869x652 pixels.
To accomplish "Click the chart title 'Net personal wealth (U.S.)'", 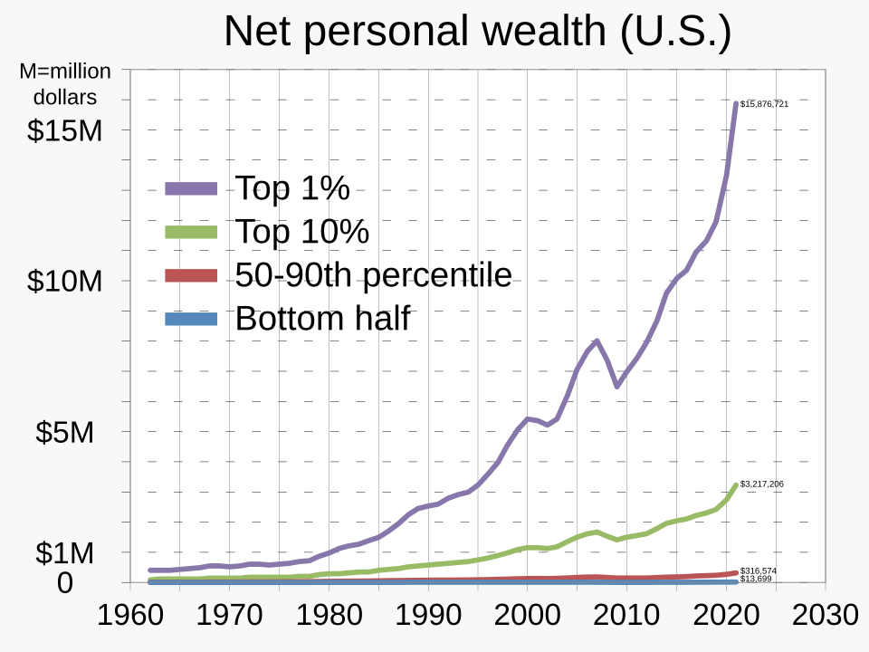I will tap(476, 31).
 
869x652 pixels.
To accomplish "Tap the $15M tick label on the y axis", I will tap(64, 130).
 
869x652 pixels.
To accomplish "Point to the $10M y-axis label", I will tap(64, 282).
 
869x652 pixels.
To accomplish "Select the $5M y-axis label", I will tap(65, 433).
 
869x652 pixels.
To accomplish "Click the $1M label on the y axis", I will tap(65, 553).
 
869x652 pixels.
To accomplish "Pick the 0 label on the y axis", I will tap(64, 584).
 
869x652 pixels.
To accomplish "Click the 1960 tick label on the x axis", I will tap(129, 616).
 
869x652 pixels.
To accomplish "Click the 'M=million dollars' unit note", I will tap(65, 83).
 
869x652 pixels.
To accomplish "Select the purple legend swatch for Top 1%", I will tap(191, 188).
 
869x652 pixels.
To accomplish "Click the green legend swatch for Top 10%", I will tap(191, 232).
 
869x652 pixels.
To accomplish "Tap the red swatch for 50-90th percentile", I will tap(191, 275).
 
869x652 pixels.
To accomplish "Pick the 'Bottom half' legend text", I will tap(323, 319).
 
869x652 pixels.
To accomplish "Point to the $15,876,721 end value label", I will tap(764, 104).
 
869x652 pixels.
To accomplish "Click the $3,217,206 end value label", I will tap(761, 484).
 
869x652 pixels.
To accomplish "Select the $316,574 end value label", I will tap(758, 571).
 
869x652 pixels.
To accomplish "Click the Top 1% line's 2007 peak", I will tap(597, 340).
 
